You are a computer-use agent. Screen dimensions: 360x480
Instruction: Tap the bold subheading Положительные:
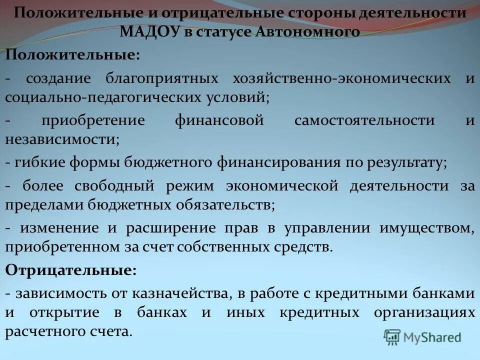pos(72,55)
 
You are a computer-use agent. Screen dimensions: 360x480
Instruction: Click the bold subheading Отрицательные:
pos(70,270)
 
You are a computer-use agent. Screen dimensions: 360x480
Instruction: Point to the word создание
pos(58,78)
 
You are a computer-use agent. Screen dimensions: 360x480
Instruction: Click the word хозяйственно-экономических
pos(342,78)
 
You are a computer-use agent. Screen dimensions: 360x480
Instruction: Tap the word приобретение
pos(93,120)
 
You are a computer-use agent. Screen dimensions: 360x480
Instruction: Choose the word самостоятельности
pos(364,120)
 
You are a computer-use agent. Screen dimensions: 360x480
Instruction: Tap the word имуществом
pos(426,228)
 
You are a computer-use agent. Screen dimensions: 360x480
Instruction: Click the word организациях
pos(424,312)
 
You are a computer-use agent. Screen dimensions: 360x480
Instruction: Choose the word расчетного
pos(44,331)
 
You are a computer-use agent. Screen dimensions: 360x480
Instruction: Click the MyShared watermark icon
pos(393,337)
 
